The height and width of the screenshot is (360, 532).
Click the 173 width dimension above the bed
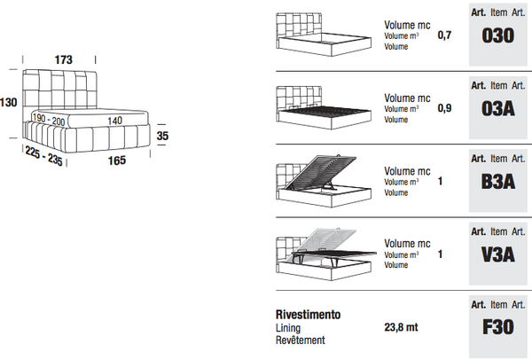(x=63, y=59)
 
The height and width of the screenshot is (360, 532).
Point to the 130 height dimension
(x=9, y=103)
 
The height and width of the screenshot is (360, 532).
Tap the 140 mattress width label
(x=115, y=120)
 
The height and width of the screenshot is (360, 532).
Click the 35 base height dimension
(x=162, y=136)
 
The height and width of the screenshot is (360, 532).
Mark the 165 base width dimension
(x=117, y=160)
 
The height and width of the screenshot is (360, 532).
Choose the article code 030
(x=497, y=38)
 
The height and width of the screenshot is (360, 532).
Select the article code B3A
(x=497, y=182)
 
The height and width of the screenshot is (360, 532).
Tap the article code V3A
(x=497, y=254)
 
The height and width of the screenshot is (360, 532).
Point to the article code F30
(x=497, y=327)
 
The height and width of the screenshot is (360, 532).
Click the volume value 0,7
(x=445, y=35)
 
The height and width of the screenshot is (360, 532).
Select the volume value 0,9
(x=445, y=108)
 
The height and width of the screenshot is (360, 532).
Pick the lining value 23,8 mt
(x=402, y=327)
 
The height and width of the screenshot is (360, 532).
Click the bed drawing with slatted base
(x=321, y=108)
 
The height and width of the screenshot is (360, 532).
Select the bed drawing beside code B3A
(x=321, y=180)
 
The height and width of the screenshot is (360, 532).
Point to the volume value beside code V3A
(x=440, y=254)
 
